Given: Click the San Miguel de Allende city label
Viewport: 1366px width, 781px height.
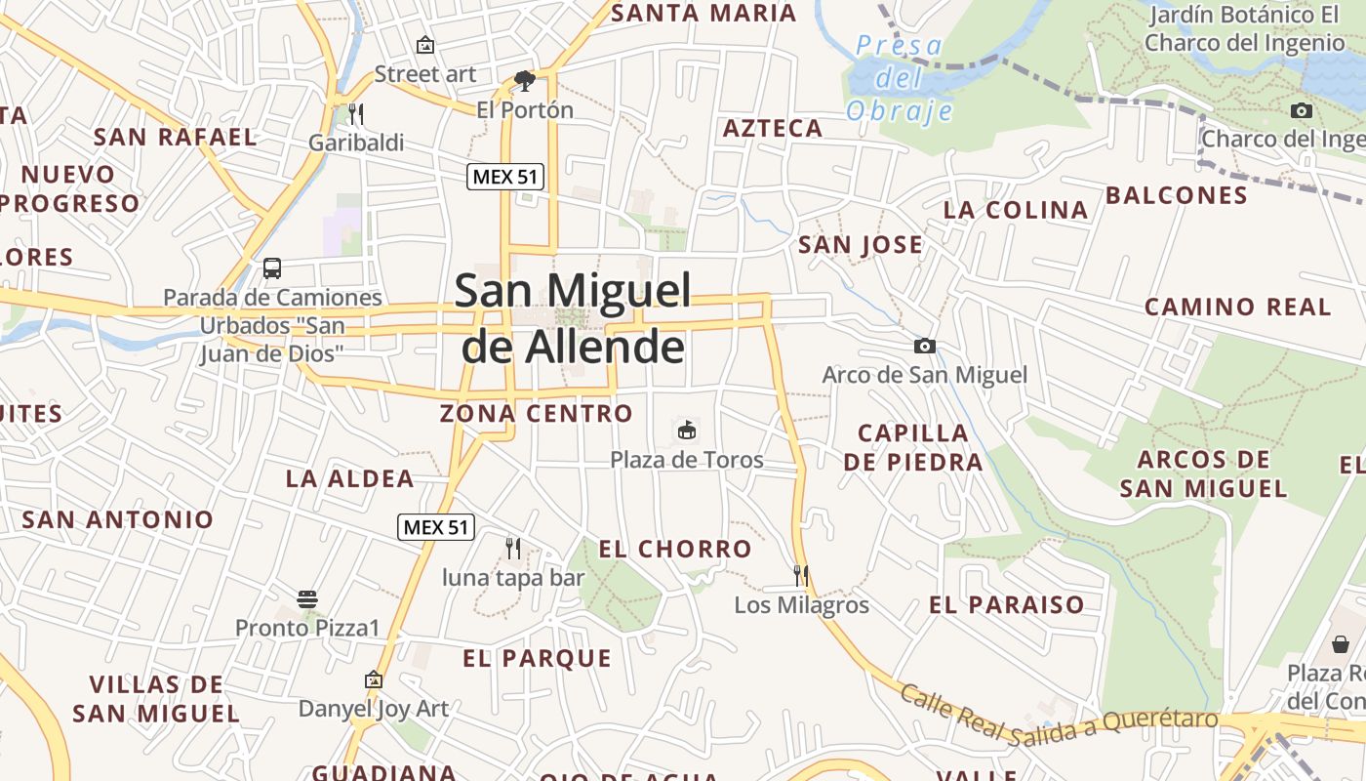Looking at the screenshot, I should [573, 318].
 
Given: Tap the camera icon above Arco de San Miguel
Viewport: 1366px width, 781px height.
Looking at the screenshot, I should [924, 346].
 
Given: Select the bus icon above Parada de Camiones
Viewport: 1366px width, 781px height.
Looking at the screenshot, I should [272, 267].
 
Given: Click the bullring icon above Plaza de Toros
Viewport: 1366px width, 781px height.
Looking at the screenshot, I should [687, 430].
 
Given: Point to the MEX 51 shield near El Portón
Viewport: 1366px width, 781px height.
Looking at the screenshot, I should [504, 177].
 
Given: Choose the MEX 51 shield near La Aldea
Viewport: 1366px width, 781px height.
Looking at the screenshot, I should [436, 528].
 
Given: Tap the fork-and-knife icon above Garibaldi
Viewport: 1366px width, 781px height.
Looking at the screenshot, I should [355, 114].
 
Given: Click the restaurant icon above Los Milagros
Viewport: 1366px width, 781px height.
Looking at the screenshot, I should [801, 575].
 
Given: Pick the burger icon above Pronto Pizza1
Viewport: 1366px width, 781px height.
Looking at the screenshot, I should [306, 598].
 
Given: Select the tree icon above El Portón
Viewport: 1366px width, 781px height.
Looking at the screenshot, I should [525, 80].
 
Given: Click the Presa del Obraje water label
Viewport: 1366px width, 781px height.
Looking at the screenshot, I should [900, 78].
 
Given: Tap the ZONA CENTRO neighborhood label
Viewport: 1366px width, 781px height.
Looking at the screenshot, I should [537, 413].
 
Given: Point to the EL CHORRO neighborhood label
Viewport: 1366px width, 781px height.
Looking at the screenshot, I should [675, 549].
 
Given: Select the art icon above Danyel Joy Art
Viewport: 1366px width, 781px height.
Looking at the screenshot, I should [373, 679].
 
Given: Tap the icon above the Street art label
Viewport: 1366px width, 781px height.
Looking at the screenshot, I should [425, 45].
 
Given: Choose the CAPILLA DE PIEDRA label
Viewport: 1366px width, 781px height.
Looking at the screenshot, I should [913, 447].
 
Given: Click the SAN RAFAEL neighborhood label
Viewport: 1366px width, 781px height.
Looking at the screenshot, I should [176, 137].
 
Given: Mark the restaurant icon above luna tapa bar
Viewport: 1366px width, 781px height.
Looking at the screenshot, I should [513, 548].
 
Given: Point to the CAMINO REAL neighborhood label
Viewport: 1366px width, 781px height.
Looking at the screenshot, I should [1237, 307].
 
